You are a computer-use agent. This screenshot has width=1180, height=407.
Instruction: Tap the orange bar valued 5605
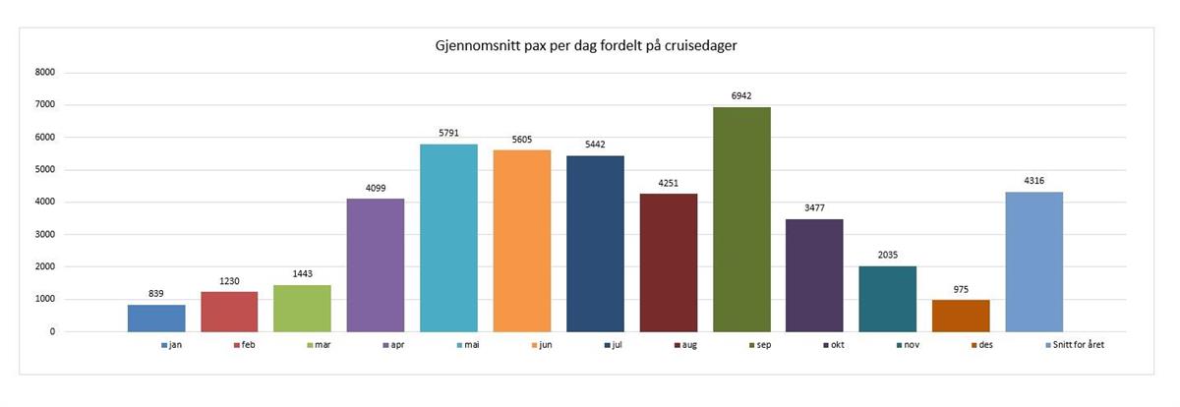click(522, 241)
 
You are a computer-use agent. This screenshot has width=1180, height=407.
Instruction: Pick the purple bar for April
click(375, 265)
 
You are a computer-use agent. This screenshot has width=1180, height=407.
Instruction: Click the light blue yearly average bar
click(1033, 262)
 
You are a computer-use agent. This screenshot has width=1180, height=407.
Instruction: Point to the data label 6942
click(741, 95)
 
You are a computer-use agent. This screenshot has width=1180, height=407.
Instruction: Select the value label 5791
click(448, 133)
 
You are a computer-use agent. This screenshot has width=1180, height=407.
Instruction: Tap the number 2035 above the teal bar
click(888, 255)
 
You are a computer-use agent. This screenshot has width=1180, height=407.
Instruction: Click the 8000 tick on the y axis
click(44, 72)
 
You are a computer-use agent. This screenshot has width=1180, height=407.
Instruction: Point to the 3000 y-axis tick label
click(44, 234)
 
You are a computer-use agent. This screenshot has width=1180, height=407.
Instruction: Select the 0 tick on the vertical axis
click(52, 331)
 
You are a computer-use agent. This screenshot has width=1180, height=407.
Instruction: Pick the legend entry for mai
click(470, 346)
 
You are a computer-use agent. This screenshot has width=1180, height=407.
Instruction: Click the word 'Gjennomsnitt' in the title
click(479, 46)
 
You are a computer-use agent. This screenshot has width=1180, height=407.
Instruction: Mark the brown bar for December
click(962, 316)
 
